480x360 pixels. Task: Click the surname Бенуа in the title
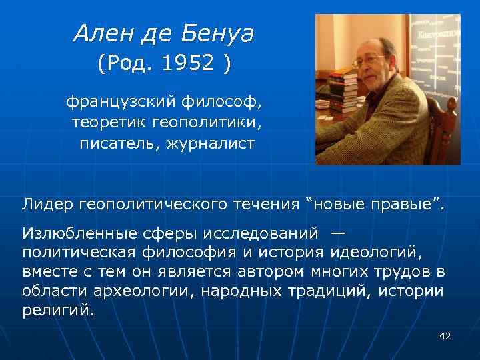[217, 33]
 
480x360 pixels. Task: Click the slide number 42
[445, 336]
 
